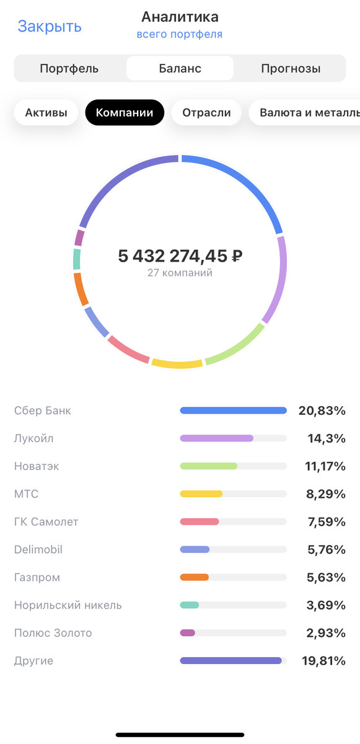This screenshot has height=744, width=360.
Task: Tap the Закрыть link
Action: click(50, 27)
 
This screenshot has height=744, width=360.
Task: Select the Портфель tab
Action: click(69, 69)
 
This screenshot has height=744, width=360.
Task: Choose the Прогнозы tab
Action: click(291, 69)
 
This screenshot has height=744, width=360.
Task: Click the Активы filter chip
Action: click(46, 113)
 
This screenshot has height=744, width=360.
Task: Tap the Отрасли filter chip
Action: click(206, 113)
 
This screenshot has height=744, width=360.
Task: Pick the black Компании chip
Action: click(125, 113)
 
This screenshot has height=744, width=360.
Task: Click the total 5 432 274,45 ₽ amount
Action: click(180, 255)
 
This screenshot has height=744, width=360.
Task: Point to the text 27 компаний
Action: click(180, 273)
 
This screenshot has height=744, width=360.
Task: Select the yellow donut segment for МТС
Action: click(177, 364)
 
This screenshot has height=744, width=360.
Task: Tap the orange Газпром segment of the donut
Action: click(81, 289)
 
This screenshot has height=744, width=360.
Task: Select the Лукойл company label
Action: click(34, 438)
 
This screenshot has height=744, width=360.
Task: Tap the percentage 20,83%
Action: click(322, 410)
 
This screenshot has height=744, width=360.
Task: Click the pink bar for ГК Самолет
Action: click(200, 522)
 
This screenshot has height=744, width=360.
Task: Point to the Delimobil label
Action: click(38, 550)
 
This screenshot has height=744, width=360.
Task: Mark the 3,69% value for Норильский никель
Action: click(326, 606)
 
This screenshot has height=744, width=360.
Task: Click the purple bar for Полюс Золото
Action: click(188, 633)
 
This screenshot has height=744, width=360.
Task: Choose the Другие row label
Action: click(34, 661)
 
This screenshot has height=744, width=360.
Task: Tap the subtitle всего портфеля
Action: click(180, 35)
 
